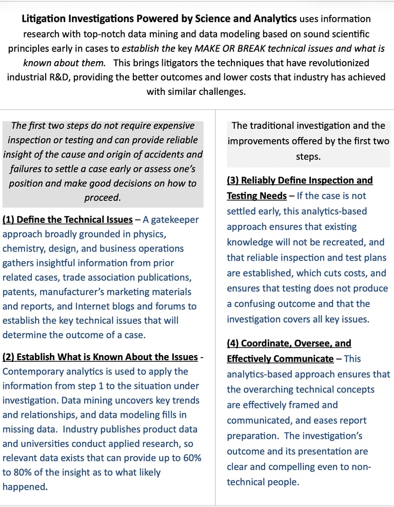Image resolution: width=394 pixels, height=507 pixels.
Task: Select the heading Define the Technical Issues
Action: pos(74,220)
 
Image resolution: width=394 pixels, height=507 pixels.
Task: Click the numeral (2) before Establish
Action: pos(9,357)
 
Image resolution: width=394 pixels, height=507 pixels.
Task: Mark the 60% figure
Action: pos(189,458)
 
